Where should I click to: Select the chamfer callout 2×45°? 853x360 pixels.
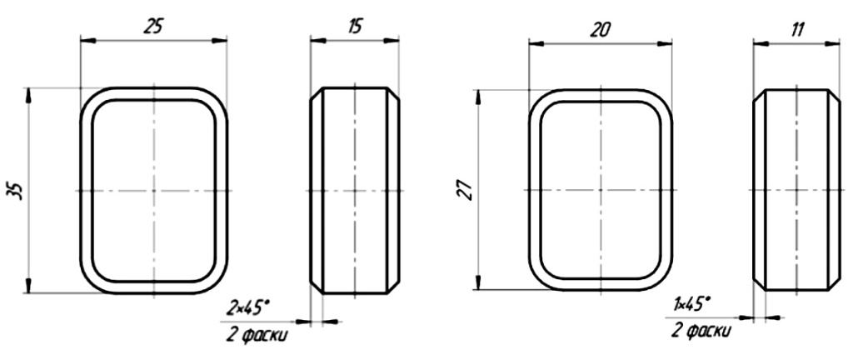pos(249,307)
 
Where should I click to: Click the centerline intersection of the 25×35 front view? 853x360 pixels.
pos(153,191)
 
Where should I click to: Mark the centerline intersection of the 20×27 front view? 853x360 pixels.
pos(600,191)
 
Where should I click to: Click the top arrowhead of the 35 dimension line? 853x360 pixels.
pos(29,92)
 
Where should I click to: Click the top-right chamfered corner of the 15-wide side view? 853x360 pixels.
pos(393,93)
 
